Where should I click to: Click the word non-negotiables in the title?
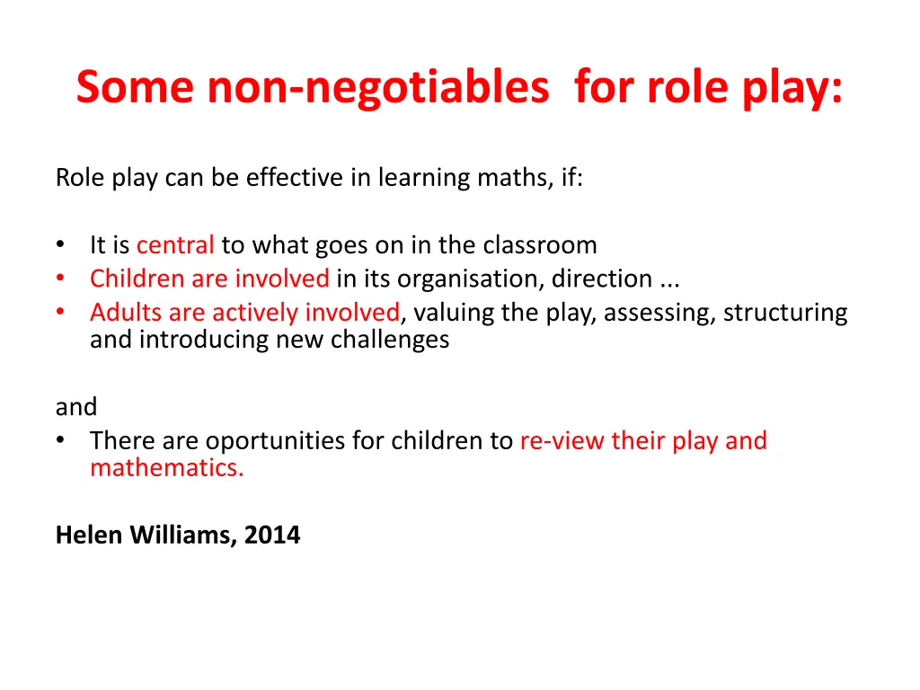pos(377,88)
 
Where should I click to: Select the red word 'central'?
pos(175,245)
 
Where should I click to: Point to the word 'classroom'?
pos(540,245)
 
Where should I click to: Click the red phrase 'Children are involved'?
pos(209,279)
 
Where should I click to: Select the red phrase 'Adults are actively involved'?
pos(244,313)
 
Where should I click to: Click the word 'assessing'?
pos(654,313)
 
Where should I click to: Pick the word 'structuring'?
pos(785,313)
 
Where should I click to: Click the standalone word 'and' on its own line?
pos(75,407)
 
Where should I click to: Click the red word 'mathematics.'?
pos(166,468)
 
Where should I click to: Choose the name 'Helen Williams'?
pos(145,535)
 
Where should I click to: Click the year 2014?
pos(272,535)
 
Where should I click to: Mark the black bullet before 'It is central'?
pos(59,245)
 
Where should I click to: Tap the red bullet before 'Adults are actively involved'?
pos(59,313)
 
